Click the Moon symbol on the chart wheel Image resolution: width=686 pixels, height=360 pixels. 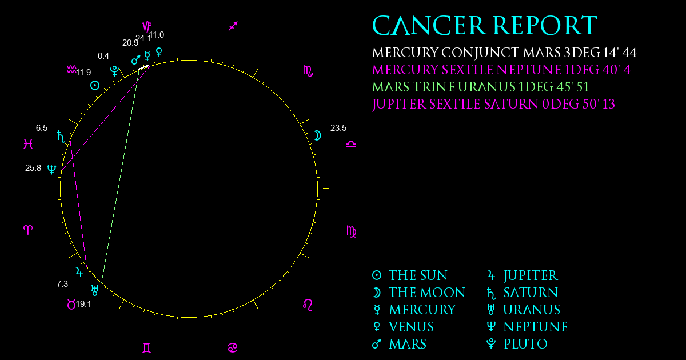pos(318,135)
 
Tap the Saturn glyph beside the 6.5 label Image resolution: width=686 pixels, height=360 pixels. pos(61,137)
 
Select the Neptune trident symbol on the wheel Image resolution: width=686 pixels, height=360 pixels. pos(52,169)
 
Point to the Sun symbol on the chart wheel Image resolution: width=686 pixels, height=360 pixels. pos(95,85)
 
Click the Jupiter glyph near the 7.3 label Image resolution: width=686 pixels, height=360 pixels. pos(79,272)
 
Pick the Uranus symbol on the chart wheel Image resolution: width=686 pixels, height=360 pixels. pos(95,290)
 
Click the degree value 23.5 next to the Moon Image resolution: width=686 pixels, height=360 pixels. pos(338,128)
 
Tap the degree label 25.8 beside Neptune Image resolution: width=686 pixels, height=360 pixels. pos(33,168)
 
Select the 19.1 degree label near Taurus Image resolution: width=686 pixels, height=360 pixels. pos(83,304)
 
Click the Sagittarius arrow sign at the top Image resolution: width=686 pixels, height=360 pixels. pos(233,26)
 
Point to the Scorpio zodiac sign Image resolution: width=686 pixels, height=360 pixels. pos(308,71)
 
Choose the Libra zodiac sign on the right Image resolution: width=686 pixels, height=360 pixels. pos(351,144)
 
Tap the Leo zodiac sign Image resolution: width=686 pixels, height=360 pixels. pos(308,305)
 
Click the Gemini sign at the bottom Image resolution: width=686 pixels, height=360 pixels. pos(147,348)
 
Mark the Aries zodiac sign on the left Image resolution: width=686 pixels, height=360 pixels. pos(28,230)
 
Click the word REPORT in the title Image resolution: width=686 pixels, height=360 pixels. pos(545,26)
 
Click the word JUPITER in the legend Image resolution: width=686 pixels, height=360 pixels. pos(531,275)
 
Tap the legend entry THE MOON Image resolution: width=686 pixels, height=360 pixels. pos(427,293)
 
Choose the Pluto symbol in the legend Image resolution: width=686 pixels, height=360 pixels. pos(491,344)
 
